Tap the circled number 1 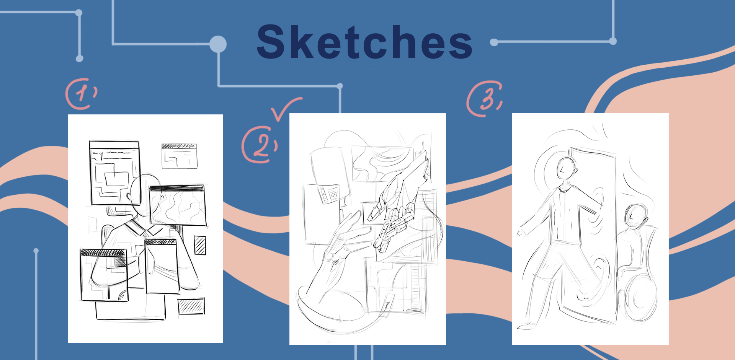81,94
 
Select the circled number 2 260,145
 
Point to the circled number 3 485,99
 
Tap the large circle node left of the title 218,44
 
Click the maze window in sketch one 114,173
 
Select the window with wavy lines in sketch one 178,205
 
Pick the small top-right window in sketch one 179,156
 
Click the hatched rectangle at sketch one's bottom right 191,306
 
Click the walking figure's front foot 527,326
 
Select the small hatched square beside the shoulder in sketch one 200,245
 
